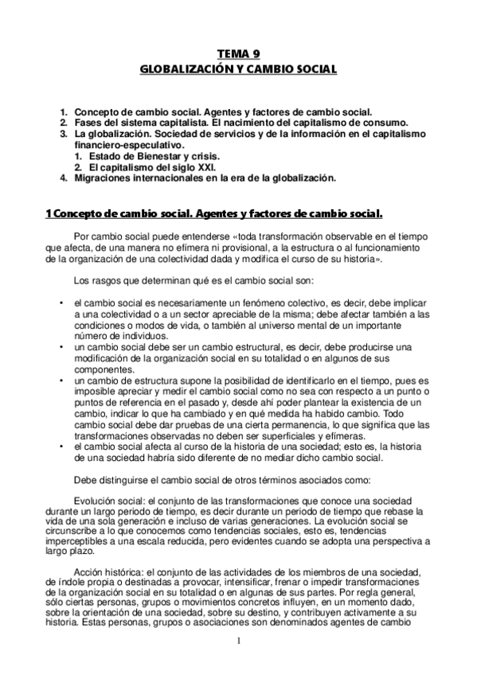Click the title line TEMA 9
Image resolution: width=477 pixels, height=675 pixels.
[238, 54]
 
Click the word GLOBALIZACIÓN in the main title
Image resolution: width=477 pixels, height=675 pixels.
[179, 69]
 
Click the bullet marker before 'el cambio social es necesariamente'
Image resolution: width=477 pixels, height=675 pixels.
[62, 303]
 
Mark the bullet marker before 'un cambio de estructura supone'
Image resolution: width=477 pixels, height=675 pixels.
[62, 381]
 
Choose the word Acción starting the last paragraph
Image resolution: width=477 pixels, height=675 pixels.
[88, 572]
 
